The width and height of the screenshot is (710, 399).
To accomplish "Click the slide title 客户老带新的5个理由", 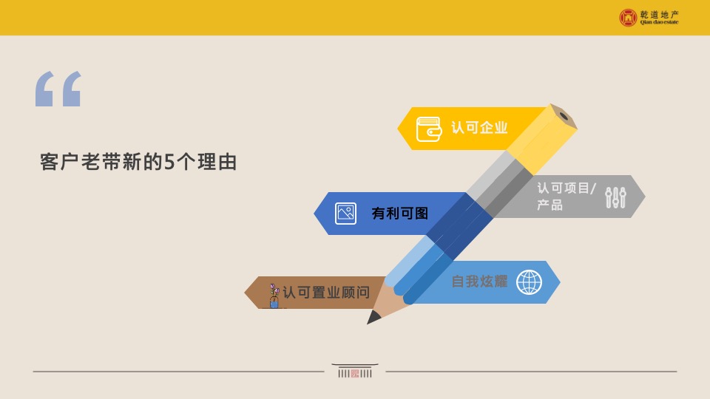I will [138, 163].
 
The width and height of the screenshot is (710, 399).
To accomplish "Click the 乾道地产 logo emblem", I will [628, 17].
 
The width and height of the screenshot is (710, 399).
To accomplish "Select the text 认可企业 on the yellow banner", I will [479, 128].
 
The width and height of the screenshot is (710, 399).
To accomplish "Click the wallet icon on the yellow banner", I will [429, 129].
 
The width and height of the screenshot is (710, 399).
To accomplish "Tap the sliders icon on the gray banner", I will [615, 197].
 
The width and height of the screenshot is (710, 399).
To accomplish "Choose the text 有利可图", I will [399, 214].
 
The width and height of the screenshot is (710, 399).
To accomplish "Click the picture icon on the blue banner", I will [345, 214].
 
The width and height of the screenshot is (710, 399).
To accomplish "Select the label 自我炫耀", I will [479, 282].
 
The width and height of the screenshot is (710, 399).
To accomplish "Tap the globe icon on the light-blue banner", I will [529, 282].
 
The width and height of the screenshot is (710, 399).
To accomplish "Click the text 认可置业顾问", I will [325, 293].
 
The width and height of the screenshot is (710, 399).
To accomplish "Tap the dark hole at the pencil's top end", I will [564, 115].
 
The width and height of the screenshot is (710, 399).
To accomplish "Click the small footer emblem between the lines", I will [355, 371].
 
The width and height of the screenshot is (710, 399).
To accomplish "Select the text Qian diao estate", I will [659, 22].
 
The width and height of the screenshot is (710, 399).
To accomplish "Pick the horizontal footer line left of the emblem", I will [177, 371].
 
